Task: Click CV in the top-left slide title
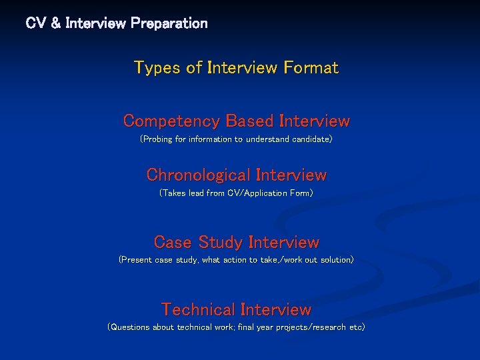(x=35, y=23)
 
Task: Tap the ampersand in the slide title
(x=55, y=23)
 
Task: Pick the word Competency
(x=172, y=121)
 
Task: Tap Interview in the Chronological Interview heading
(x=291, y=175)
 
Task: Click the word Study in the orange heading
(x=219, y=242)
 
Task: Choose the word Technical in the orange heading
(x=199, y=309)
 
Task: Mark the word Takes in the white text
(x=173, y=193)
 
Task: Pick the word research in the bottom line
(x=323, y=327)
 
